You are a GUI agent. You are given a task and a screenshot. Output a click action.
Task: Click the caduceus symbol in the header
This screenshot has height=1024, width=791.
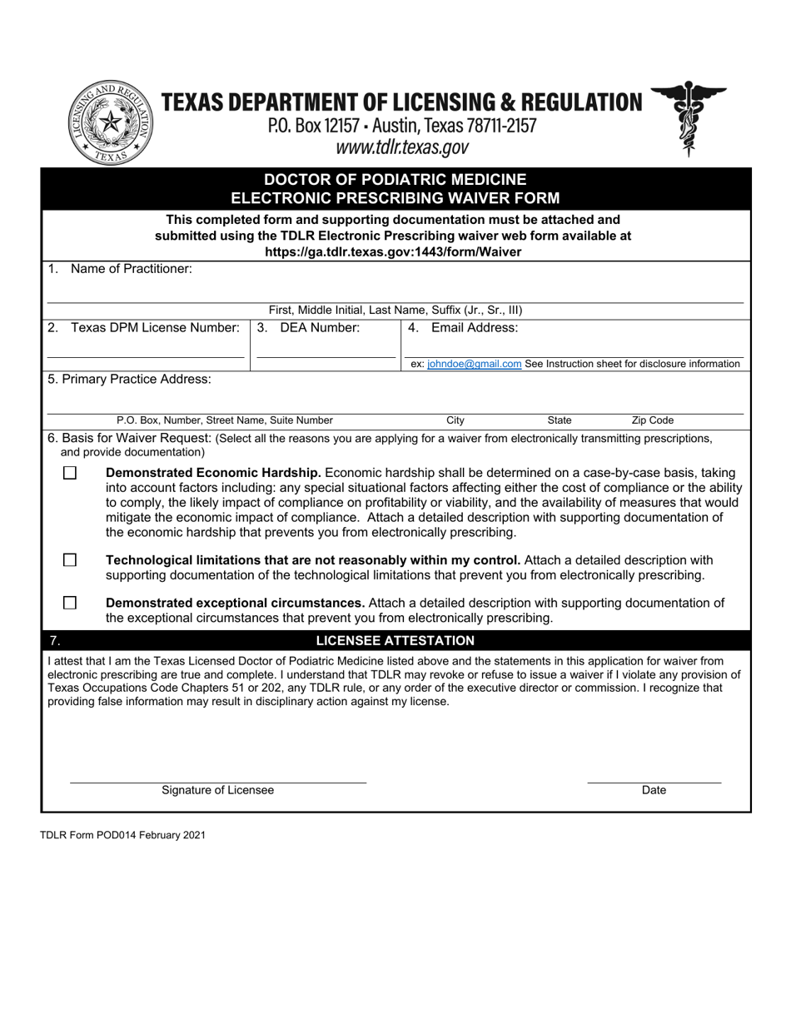tap(688, 118)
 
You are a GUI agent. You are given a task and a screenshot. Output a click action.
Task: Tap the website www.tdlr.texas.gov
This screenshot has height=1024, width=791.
tap(402, 147)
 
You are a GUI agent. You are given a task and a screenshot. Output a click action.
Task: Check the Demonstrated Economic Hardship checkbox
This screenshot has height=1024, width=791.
tap(70, 473)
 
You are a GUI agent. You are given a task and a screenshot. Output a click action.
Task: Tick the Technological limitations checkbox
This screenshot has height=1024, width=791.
tap(70, 560)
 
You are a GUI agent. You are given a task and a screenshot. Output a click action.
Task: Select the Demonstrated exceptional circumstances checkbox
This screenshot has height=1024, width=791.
tap(70, 603)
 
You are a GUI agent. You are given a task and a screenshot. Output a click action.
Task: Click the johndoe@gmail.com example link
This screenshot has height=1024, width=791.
tap(474, 364)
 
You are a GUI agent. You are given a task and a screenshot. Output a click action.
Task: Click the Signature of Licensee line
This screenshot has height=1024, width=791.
tap(217, 782)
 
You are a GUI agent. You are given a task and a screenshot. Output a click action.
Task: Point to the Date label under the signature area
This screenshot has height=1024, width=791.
tap(654, 790)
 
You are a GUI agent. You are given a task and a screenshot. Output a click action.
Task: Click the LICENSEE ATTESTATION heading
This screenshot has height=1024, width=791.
tap(395, 640)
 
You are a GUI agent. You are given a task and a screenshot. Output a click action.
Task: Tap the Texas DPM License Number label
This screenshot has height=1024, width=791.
tap(155, 328)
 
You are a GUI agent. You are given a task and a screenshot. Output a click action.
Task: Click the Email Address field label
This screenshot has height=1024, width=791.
tap(474, 328)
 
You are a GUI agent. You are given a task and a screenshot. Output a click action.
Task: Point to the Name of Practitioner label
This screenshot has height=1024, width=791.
tap(131, 269)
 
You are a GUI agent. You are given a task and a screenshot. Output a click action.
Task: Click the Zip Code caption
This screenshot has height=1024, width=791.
tap(652, 420)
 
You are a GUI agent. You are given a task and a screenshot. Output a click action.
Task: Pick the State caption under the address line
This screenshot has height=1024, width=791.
tap(559, 420)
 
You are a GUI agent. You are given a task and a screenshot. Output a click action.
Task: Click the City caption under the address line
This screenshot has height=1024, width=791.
tap(455, 420)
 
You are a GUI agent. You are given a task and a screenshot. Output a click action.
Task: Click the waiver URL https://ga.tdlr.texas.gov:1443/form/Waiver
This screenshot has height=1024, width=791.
tap(393, 251)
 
